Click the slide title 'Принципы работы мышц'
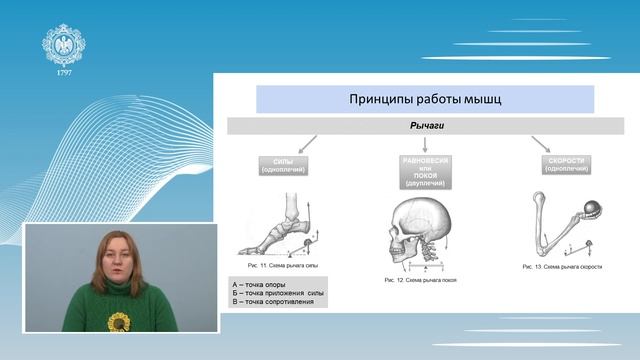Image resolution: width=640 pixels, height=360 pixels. click(x=426, y=100)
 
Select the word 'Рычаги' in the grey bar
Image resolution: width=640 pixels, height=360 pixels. click(x=426, y=127)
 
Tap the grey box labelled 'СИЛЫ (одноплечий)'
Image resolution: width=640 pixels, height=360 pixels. click(x=291, y=165)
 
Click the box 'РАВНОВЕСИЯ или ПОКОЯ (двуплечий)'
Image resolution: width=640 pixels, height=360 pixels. click(x=426, y=171)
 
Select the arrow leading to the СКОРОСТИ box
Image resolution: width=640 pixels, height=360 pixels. click(x=541, y=144)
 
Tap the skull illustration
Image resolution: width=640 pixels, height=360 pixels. click(x=420, y=229)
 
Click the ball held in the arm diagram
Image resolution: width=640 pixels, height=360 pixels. click(x=590, y=210)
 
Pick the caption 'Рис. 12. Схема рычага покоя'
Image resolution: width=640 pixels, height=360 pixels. click(x=421, y=281)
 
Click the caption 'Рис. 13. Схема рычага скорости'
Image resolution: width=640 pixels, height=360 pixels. click(x=563, y=268)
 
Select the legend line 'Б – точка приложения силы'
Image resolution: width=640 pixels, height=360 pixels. click(x=277, y=293)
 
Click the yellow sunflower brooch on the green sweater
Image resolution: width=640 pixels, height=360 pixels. click(x=119, y=321)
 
